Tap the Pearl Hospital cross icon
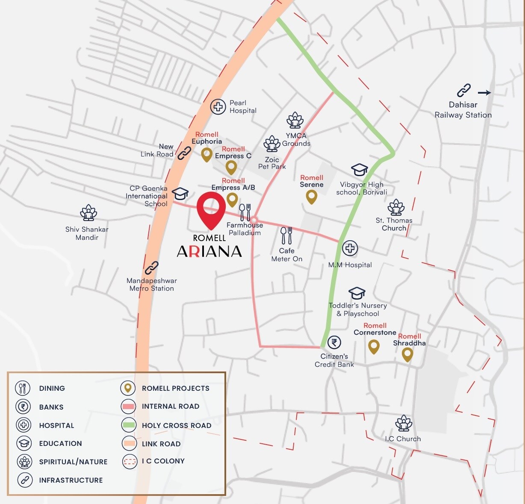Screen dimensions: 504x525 tap(218, 106)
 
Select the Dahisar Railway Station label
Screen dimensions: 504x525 tap(463, 110)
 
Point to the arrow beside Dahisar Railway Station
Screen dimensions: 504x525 tap(484, 92)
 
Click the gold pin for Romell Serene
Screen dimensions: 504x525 tap(312, 197)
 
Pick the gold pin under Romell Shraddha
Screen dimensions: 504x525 tap(407, 354)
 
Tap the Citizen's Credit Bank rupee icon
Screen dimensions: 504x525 tap(334, 342)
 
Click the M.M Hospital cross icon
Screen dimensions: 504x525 tap(350, 248)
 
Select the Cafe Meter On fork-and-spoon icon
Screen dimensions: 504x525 tap(286, 236)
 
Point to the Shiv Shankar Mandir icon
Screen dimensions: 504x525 tap(88, 212)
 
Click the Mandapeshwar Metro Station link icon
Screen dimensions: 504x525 tap(151, 268)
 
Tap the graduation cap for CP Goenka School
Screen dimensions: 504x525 tap(180, 193)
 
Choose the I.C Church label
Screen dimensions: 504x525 tap(403, 439)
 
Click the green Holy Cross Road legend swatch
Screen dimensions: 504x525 tap(129, 425)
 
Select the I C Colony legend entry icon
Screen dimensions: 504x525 tap(129, 461)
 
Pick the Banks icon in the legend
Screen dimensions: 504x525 tap(23, 407)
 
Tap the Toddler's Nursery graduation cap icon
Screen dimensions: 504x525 tap(357, 293)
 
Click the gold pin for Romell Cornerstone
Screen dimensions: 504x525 tap(374, 347)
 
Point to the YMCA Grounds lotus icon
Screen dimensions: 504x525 tap(295, 121)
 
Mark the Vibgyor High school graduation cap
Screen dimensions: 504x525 tap(359, 170)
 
